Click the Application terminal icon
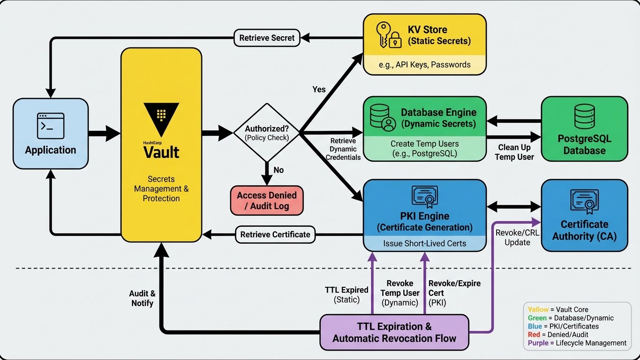pyautogui.click(x=50, y=126)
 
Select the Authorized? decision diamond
pyautogui.click(x=266, y=133)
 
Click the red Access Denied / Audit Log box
pyautogui.click(x=267, y=200)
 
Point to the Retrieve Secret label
pyautogui.click(x=267, y=38)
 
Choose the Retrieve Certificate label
pyautogui.click(x=275, y=234)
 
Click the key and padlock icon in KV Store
pyautogui.click(x=389, y=35)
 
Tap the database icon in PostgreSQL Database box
pyautogui.click(x=584, y=117)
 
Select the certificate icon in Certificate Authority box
pyautogui.click(x=584, y=202)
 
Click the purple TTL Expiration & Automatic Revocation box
pyautogui.click(x=394, y=332)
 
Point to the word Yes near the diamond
pyautogui.click(x=319, y=89)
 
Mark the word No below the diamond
pyautogui.click(x=279, y=170)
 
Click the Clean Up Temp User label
pyautogui.click(x=514, y=152)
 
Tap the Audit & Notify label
pyautogui.click(x=142, y=298)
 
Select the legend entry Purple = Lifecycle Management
pyautogui.click(x=577, y=343)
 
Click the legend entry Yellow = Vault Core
pyautogui.click(x=558, y=309)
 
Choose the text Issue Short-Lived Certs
pyautogui.click(x=424, y=243)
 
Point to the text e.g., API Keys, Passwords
pyautogui.click(x=424, y=65)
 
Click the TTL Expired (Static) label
pyautogui.click(x=346, y=294)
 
